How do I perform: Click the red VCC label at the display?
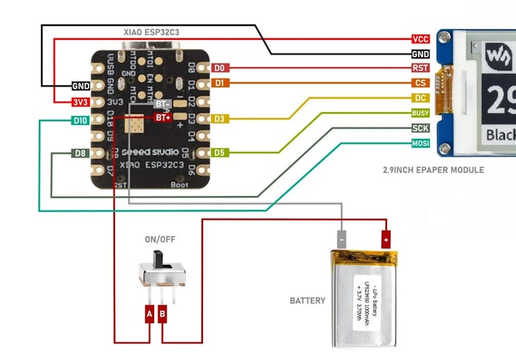tap(420, 40)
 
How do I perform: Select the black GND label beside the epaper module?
tap(420, 54)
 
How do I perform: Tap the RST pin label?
tap(420, 68)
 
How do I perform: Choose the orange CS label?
tap(420, 83)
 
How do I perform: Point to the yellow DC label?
tap(420, 98)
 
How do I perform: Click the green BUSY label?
tap(420, 112)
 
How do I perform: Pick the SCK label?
tap(420, 128)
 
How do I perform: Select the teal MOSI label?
tap(420, 144)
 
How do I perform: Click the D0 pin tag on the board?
tap(220, 68)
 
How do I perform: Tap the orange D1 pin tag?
tap(220, 83)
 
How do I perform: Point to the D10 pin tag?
tap(79, 120)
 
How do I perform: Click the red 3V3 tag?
tap(80, 102)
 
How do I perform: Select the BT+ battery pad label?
tap(163, 118)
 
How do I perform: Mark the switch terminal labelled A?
tap(149, 315)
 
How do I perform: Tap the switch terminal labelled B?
tap(162, 315)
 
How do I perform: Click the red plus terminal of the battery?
tap(385, 239)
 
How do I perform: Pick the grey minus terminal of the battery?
tap(342, 239)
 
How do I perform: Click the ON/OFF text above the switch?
tap(160, 239)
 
